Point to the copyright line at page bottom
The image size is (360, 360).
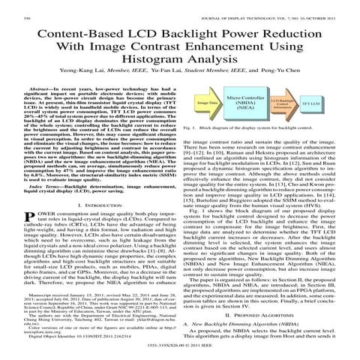click(179, 355)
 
